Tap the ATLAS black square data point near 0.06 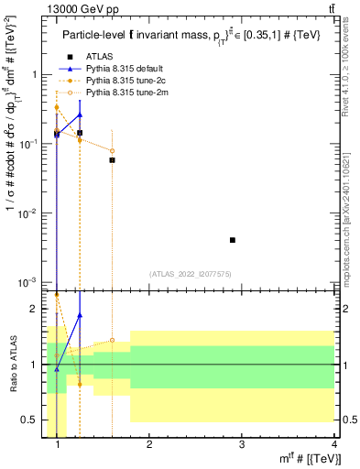pos(112,160)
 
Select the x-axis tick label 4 pos(333,444)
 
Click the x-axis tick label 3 pos(241,444)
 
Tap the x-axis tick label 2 pos(149,444)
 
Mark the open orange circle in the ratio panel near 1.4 pos(112,340)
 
